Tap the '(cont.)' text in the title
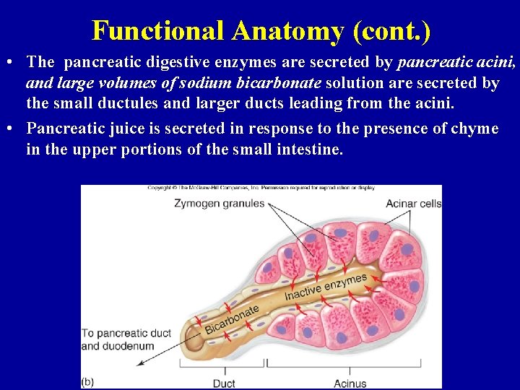388,30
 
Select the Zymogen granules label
220,204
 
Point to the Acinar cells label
413,204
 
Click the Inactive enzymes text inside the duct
326,287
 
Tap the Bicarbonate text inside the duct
232,320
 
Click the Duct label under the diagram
225,383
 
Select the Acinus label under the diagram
350,383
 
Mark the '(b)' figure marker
87,381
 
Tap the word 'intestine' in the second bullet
307,149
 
